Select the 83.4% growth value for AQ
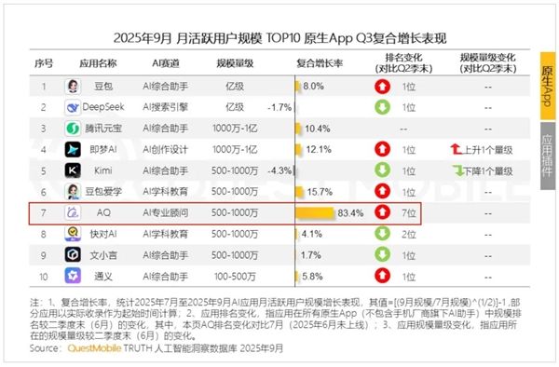[x=349, y=212]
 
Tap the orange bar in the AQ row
[x=314, y=212]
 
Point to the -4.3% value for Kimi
[x=279, y=170]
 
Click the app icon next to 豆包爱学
[x=72, y=192]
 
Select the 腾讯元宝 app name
[x=110, y=129]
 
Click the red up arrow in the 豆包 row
[x=381, y=87]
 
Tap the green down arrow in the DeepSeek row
[x=381, y=107]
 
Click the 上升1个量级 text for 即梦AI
[x=492, y=149]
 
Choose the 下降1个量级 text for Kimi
[x=492, y=170]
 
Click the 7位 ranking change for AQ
[x=409, y=212]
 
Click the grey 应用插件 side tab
[x=547, y=154]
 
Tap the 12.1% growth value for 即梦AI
[x=319, y=149]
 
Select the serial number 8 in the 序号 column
[x=43, y=234]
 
